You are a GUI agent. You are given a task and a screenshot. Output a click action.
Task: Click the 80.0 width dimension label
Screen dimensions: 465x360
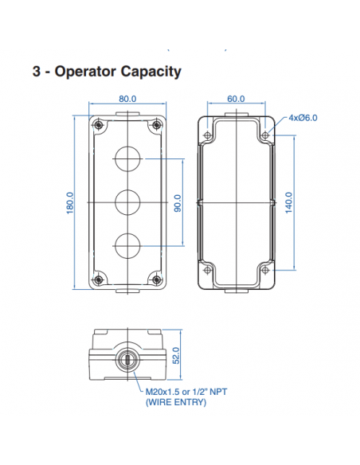click(127, 99)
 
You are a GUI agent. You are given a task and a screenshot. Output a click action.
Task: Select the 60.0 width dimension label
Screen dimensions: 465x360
click(236, 99)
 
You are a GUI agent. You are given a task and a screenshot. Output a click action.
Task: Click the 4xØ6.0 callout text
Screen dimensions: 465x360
click(303, 117)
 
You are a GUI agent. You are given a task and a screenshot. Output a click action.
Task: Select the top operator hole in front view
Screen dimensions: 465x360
click(127, 159)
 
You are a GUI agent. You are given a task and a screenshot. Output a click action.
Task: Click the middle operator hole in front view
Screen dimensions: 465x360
click(127, 202)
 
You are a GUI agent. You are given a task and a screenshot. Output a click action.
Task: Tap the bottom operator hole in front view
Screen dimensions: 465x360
click(127, 245)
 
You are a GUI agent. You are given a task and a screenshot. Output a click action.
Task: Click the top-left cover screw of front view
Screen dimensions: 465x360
click(98, 127)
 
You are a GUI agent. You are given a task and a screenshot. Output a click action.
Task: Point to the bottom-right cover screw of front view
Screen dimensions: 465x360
click(157, 279)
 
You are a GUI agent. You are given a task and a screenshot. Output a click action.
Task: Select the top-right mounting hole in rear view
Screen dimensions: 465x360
click(264, 135)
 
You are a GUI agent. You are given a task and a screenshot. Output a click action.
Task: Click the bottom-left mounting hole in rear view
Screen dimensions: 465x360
click(209, 271)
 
